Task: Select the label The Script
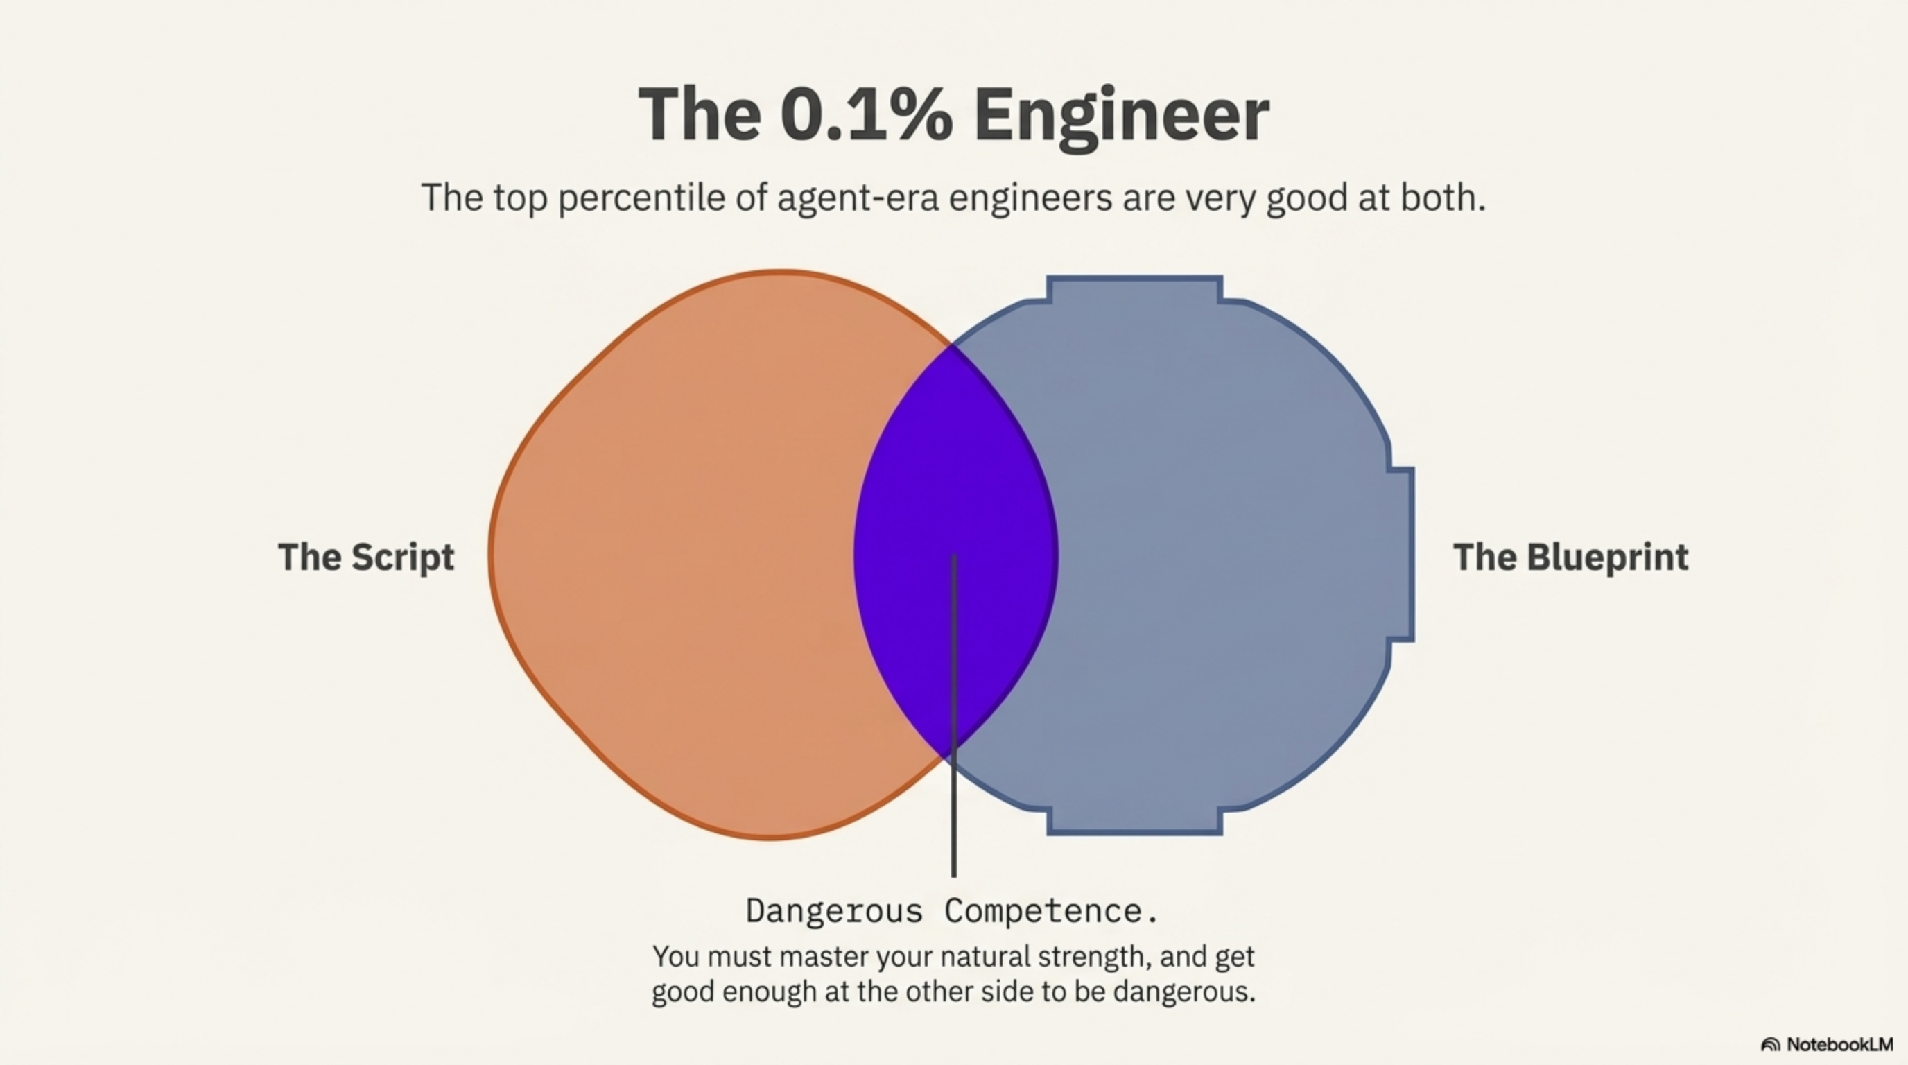pos(366,557)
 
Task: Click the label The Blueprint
pos(1570,557)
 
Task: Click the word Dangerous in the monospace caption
pos(834,911)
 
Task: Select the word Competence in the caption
pos(1050,911)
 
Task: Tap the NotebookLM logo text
pos(1839,1044)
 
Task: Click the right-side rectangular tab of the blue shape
pos(1401,554)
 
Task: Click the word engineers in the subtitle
pos(1030,198)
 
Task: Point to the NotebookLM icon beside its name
pos(1770,1045)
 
